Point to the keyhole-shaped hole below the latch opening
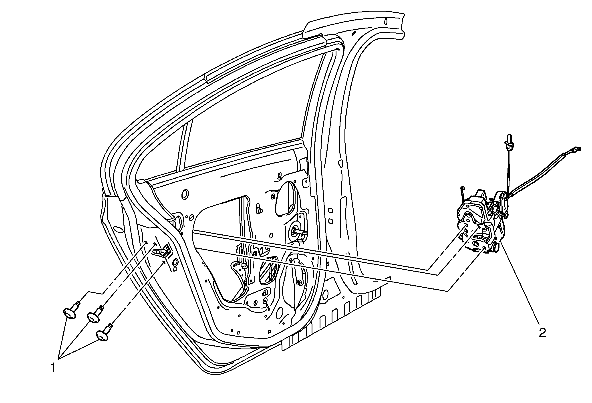tap(175, 262)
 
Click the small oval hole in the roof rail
tap(386, 21)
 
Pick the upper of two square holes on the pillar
tap(330, 210)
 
